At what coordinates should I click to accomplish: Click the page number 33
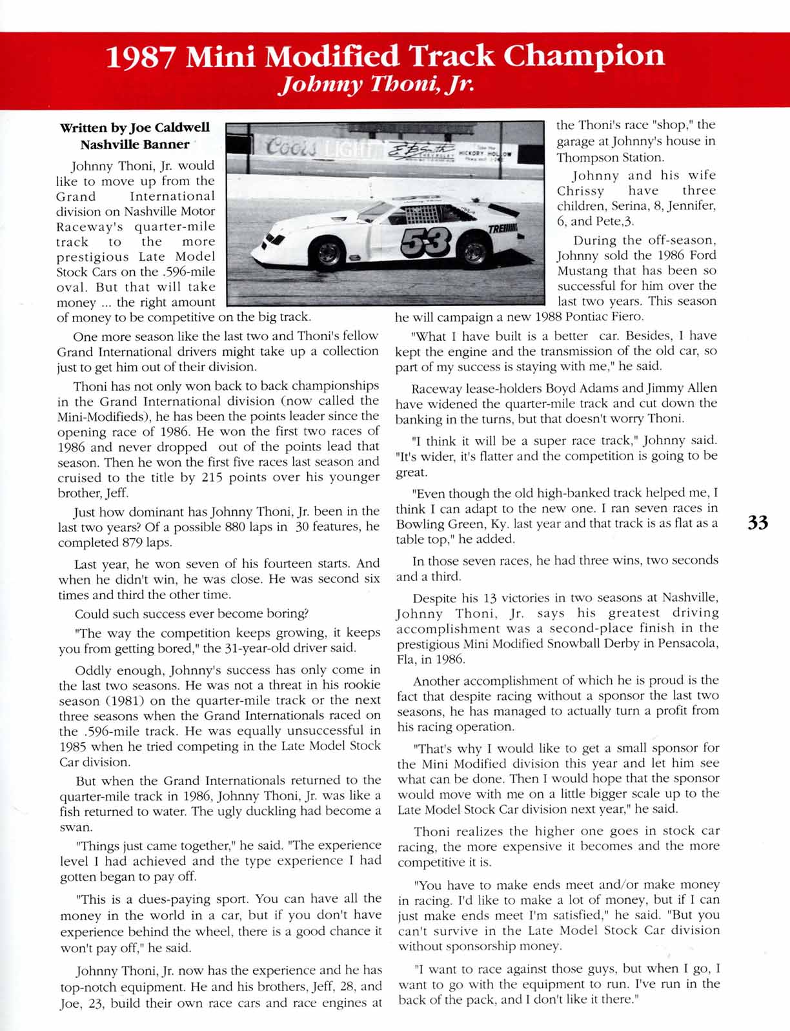pos(758,522)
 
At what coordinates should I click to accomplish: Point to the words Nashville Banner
pos(135,144)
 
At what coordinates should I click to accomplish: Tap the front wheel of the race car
pos(328,253)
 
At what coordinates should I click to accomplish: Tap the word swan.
pos(71,826)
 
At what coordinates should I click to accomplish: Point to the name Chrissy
pos(581,191)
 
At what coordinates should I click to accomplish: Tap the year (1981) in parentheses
pos(119,700)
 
